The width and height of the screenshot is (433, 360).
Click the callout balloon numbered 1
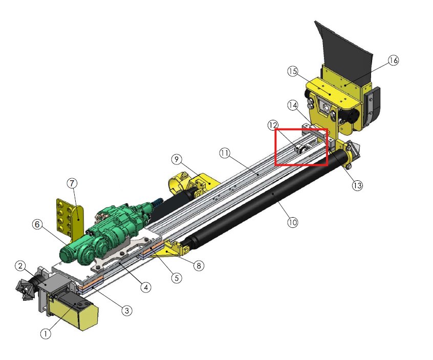(46, 334)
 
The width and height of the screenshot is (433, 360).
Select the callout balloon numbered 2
(20, 266)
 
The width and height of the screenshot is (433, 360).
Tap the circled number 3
(127, 310)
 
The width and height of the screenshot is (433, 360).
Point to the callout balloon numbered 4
(146, 287)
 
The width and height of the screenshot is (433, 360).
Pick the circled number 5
(177, 278)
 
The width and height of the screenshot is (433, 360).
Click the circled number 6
(37, 224)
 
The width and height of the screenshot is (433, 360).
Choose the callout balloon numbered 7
(72, 183)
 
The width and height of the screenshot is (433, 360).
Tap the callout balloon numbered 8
(199, 266)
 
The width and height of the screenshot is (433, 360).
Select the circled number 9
(177, 159)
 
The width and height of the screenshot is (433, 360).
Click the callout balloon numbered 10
(293, 222)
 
